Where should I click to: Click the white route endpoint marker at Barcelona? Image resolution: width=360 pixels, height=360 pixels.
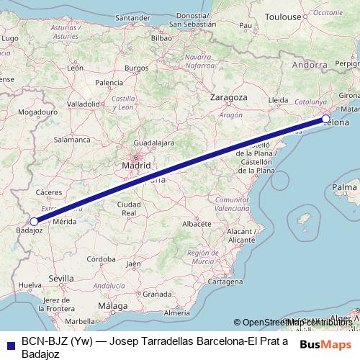click(x=326, y=118)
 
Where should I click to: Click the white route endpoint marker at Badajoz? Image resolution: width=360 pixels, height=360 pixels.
click(x=34, y=222)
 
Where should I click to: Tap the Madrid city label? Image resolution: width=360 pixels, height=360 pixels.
click(x=136, y=165)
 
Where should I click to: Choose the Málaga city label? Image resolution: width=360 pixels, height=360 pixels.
click(x=112, y=305)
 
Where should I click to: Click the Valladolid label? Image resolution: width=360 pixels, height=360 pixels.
click(x=83, y=104)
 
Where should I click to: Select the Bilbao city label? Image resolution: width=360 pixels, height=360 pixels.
click(x=161, y=38)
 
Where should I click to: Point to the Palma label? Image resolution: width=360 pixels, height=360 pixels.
click(x=344, y=187)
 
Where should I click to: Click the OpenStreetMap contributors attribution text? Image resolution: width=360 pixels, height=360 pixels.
click(x=298, y=323)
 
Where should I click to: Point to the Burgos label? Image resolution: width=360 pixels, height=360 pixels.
click(x=136, y=68)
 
